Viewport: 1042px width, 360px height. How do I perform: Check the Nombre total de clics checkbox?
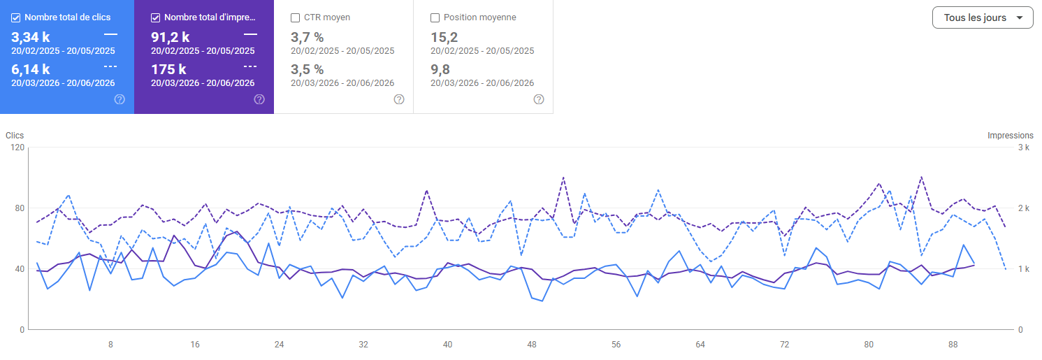16,17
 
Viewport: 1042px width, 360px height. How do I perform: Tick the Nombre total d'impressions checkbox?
155,17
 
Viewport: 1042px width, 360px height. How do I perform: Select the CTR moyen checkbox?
295,17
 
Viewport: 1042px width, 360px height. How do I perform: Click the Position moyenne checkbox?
435,17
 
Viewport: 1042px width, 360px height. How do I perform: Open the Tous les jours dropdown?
983,17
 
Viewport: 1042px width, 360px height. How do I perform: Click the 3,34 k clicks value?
30,37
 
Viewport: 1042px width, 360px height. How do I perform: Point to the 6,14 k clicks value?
30,69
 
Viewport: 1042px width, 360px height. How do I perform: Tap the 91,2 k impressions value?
171,37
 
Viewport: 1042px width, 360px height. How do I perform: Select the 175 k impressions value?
168,69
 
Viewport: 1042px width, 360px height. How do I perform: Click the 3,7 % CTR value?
307,37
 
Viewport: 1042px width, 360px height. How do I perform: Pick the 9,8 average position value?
440,69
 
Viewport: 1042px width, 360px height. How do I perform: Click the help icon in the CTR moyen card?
399,99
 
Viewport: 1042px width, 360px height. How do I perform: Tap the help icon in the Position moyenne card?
539,99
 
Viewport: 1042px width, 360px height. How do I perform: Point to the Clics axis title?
15,136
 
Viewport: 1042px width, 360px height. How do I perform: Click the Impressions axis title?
1011,136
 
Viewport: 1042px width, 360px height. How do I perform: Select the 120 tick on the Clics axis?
17,147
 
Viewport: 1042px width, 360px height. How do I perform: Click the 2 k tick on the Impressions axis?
1024,208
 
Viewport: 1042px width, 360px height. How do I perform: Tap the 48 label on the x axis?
532,345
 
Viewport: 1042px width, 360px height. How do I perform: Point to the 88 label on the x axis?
953,345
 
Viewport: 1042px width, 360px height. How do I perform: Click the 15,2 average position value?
444,37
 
